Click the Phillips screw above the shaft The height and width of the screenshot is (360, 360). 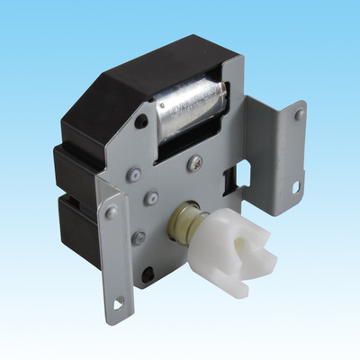(x=195, y=163)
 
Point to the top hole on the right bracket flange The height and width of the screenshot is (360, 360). (x=300, y=116)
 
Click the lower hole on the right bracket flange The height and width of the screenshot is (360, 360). (x=296, y=186)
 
